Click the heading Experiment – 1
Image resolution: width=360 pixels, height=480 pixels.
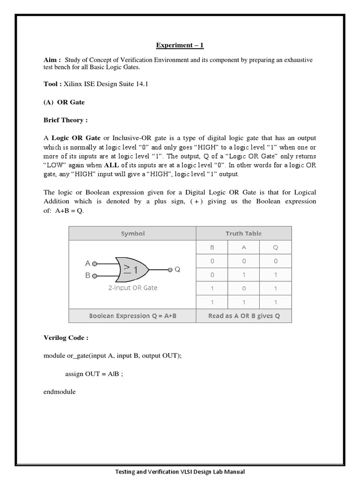(x=180, y=45)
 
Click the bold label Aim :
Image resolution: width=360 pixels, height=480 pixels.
(x=52, y=60)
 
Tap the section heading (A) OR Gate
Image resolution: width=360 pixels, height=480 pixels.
(x=64, y=102)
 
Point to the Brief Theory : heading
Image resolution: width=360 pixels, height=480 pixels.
(x=66, y=120)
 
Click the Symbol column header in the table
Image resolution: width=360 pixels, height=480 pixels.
(x=133, y=233)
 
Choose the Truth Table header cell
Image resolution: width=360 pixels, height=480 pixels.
(x=244, y=233)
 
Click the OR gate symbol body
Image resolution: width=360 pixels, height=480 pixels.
(x=133, y=270)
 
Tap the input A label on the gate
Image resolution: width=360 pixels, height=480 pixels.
(x=88, y=263)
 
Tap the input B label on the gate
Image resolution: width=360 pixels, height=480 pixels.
(x=88, y=276)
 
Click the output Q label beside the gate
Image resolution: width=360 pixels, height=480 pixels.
(x=177, y=270)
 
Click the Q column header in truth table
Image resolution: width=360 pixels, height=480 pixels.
(x=275, y=247)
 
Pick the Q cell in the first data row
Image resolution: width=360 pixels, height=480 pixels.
(x=275, y=261)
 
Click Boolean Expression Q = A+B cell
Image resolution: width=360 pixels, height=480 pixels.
(x=133, y=316)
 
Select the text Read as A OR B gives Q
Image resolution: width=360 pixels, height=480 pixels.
(x=244, y=316)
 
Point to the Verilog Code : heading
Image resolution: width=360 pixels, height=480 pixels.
(x=66, y=337)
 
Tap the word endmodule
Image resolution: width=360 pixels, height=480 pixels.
(x=59, y=391)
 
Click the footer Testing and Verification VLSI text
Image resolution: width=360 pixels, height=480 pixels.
(x=180, y=472)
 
